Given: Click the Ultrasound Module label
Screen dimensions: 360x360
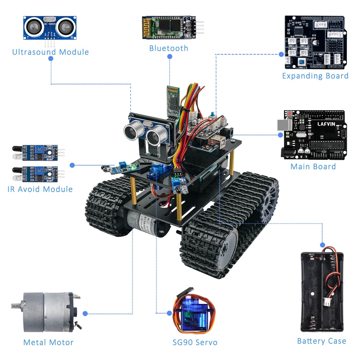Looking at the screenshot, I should [50, 52].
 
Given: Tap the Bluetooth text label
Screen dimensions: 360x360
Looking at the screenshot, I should [168, 48].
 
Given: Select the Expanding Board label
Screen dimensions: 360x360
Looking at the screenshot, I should [315, 76].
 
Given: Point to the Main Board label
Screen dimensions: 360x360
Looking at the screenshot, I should [313, 166].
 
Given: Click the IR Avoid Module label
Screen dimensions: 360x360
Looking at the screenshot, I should [40, 189].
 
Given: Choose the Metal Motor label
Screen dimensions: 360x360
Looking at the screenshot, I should [48, 342].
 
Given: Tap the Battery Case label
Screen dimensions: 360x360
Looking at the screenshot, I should [321, 341].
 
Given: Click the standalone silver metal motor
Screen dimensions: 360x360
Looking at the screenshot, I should [47, 311].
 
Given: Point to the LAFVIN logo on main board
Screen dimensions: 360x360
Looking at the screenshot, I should [325, 124].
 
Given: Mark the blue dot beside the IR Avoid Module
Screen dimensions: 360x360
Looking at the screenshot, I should [72, 165].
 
